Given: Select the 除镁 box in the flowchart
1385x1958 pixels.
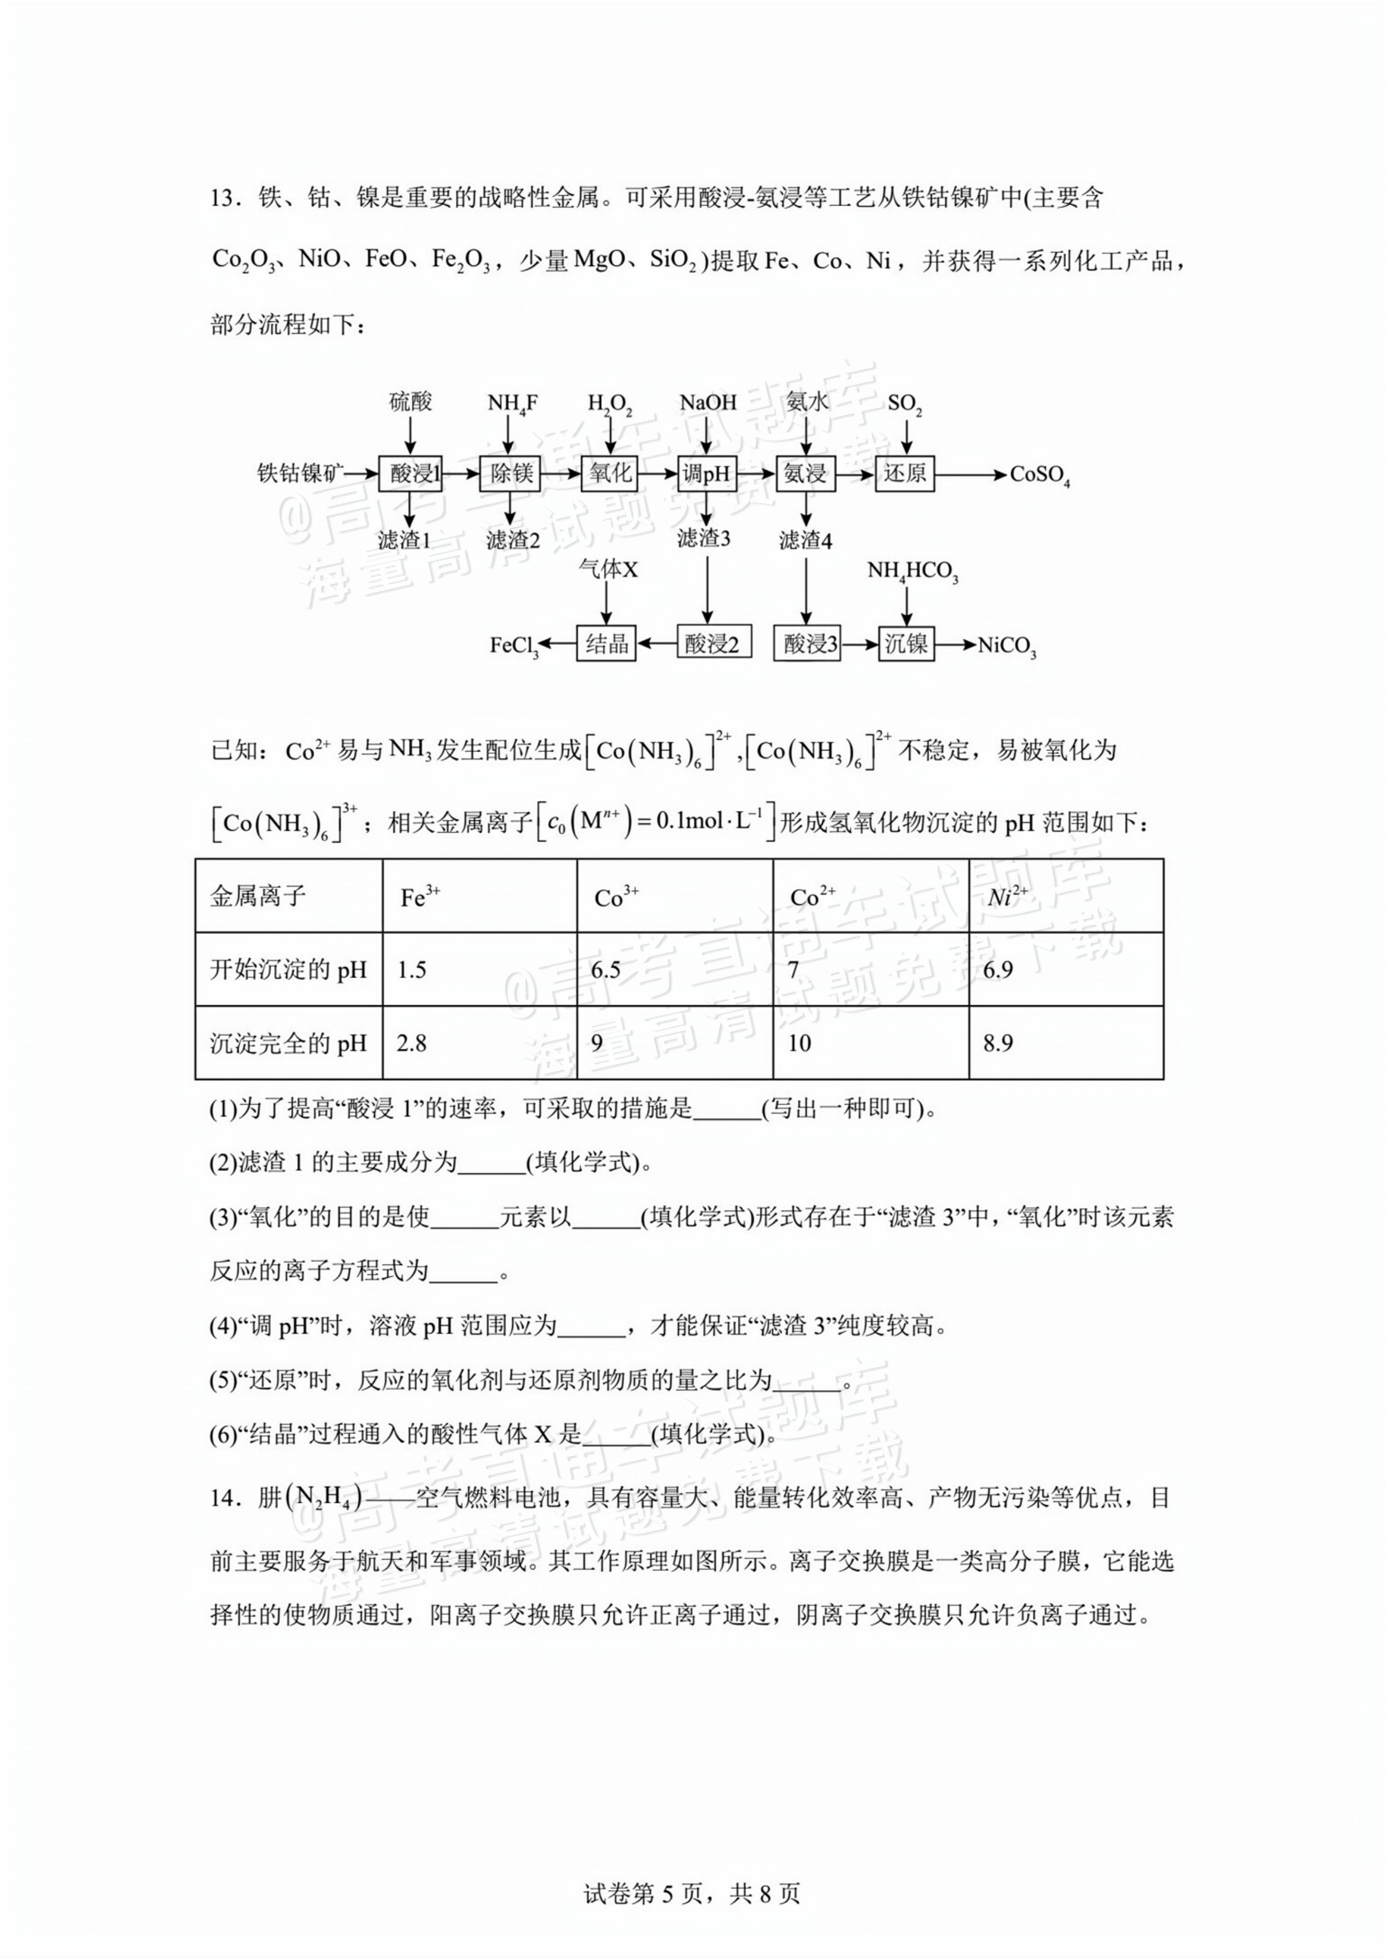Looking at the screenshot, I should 510,473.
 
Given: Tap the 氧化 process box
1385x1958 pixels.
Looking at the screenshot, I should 610,473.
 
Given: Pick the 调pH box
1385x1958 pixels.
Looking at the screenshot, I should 707,473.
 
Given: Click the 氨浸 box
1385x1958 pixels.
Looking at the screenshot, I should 805,473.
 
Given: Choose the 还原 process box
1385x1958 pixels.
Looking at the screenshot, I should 905,473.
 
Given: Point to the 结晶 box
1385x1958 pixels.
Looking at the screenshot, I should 606,644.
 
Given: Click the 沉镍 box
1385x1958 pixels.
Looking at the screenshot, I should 905,644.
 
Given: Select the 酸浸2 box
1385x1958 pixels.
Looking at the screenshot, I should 714,644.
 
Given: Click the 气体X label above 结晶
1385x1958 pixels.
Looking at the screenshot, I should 607,569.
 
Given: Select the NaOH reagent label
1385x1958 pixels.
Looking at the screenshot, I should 707,402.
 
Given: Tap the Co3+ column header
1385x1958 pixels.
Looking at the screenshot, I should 616,897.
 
